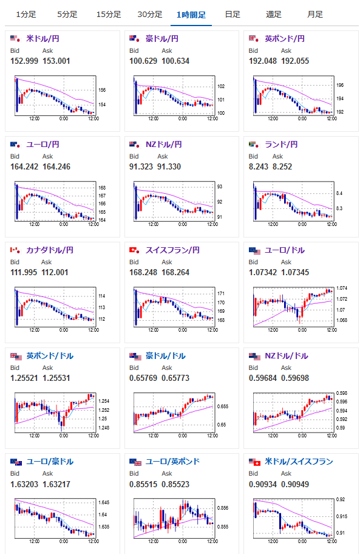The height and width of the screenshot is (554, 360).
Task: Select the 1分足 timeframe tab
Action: (x=25, y=15)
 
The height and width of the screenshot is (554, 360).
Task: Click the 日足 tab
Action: (x=233, y=15)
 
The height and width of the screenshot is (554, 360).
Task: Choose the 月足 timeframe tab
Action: (x=315, y=15)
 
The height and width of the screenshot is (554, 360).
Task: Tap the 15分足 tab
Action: (x=109, y=15)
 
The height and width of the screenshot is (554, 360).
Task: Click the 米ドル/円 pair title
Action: (x=42, y=38)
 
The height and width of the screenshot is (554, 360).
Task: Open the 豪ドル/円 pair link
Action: (x=161, y=38)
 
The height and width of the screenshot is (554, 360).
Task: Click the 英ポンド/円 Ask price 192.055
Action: (x=294, y=61)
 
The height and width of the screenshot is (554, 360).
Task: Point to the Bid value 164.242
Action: (x=24, y=166)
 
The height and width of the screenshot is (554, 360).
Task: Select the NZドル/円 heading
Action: (x=164, y=144)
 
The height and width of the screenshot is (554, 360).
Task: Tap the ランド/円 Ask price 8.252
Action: (x=282, y=166)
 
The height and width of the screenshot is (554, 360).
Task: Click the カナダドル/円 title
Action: (x=50, y=250)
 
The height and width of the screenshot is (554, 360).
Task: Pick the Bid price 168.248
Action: (x=143, y=272)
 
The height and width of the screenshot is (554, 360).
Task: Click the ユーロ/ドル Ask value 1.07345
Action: (x=294, y=272)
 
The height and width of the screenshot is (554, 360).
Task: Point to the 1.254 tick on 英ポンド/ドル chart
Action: (x=104, y=401)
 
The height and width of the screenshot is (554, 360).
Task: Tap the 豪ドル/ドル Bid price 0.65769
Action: (x=143, y=378)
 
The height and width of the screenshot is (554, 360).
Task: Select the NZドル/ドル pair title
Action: (x=286, y=355)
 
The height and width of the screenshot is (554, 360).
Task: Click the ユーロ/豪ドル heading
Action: (x=50, y=461)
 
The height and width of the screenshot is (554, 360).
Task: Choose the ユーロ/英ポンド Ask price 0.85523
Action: (x=175, y=484)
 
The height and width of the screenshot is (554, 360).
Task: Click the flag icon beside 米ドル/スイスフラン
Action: (x=254, y=462)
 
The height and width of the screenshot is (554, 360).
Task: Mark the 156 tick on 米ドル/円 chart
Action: (x=102, y=90)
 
